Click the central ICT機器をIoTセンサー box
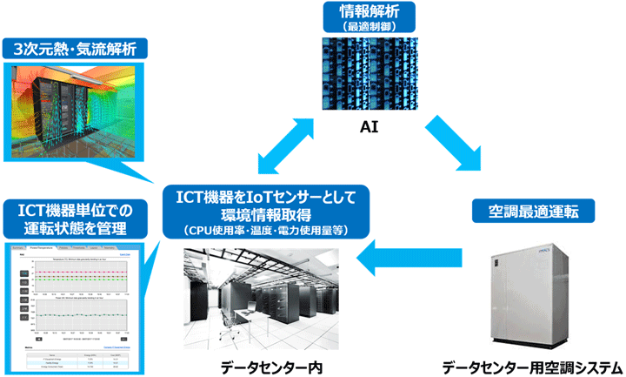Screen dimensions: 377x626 coord(272,211)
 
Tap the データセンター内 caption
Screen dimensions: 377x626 coord(271,367)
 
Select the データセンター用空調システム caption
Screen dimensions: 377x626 coord(531,367)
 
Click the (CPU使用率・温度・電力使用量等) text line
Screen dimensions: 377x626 coord(272,230)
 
